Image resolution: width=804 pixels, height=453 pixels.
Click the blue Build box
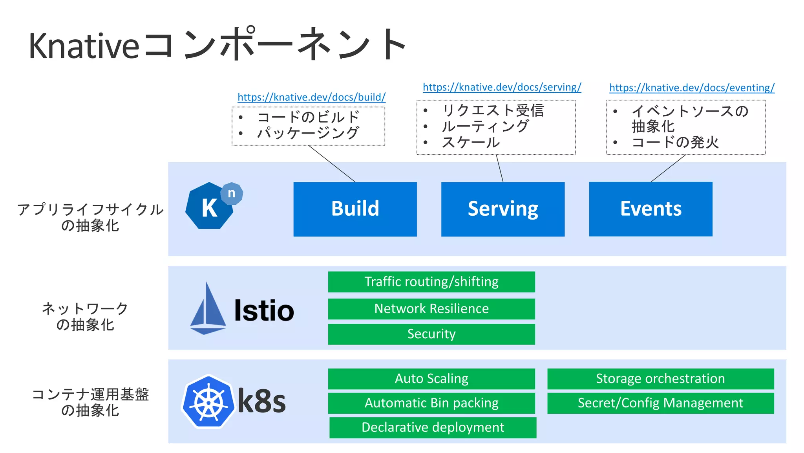355,209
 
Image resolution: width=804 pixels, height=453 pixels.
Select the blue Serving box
502,209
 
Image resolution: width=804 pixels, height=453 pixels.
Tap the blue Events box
651,209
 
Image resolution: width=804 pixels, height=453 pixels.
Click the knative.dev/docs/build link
311,97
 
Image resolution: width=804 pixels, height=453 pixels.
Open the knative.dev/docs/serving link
502,87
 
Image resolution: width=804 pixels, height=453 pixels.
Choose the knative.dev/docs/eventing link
692,88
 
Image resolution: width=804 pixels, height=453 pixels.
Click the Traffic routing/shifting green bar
431,282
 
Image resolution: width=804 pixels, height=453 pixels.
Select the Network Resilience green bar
431,309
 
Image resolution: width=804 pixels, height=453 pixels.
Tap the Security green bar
431,334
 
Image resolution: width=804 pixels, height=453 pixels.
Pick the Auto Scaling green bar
431,379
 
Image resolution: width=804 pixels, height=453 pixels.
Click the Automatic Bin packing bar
431,403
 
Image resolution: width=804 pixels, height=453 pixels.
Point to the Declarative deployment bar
433,427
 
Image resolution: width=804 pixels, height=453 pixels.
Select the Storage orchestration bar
660,379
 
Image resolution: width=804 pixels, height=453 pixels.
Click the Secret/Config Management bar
660,403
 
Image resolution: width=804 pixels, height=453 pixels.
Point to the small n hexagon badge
232,193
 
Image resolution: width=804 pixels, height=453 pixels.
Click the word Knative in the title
84,46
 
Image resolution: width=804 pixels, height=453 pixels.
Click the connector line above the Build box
332,163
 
